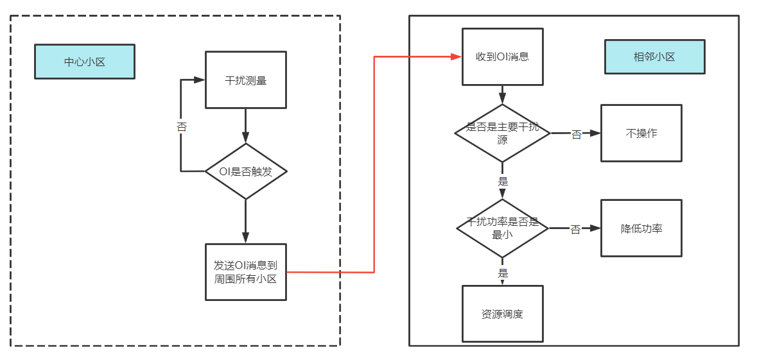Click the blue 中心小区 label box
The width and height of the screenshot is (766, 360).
click(x=84, y=62)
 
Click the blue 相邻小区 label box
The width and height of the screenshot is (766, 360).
click(x=654, y=56)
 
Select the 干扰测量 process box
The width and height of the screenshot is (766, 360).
click(x=245, y=80)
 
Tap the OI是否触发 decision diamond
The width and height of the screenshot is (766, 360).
click(x=245, y=171)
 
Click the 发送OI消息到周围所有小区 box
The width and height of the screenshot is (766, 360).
click(x=245, y=271)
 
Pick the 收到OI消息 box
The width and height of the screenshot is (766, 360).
click(x=502, y=56)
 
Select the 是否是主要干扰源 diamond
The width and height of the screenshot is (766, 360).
click(x=502, y=133)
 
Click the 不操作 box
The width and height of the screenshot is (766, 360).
click(x=641, y=133)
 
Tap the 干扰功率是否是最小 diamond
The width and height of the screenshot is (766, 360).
click(x=502, y=228)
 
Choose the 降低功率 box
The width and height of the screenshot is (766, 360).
click(x=641, y=228)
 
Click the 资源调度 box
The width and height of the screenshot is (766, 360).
click(x=502, y=314)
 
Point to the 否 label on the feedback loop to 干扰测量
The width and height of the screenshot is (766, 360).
click(x=182, y=127)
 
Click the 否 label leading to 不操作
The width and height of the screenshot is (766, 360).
click(x=576, y=134)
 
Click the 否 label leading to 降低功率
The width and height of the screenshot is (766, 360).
click(x=575, y=229)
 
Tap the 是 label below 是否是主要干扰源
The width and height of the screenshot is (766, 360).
click(x=503, y=182)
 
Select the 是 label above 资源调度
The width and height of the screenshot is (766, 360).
click(x=503, y=273)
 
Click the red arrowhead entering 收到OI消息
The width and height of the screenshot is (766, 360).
click(x=457, y=56)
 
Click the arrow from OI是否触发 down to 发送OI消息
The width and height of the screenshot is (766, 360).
click(x=245, y=221)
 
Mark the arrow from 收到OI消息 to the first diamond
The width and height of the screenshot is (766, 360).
click(x=503, y=95)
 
